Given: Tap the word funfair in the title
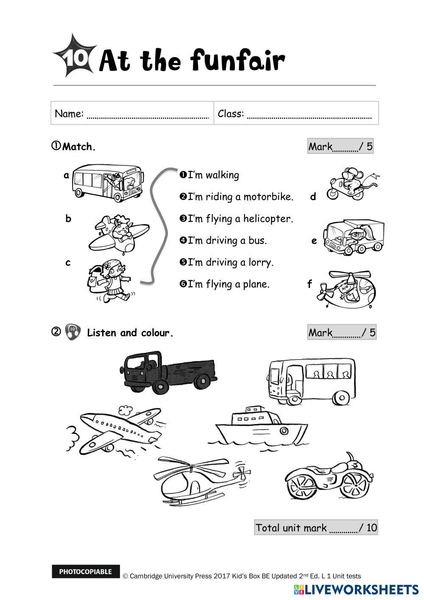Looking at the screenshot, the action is click(237, 61).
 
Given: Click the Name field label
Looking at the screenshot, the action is click(69, 114).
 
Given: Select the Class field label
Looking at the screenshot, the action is click(231, 114).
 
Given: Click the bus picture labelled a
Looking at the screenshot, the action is click(107, 182).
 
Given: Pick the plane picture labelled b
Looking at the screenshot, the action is click(119, 233).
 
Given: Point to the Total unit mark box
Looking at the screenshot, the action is click(316, 527).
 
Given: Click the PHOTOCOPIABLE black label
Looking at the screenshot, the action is click(86, 572).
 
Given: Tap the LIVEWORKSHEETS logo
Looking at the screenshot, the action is click(356, 589).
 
